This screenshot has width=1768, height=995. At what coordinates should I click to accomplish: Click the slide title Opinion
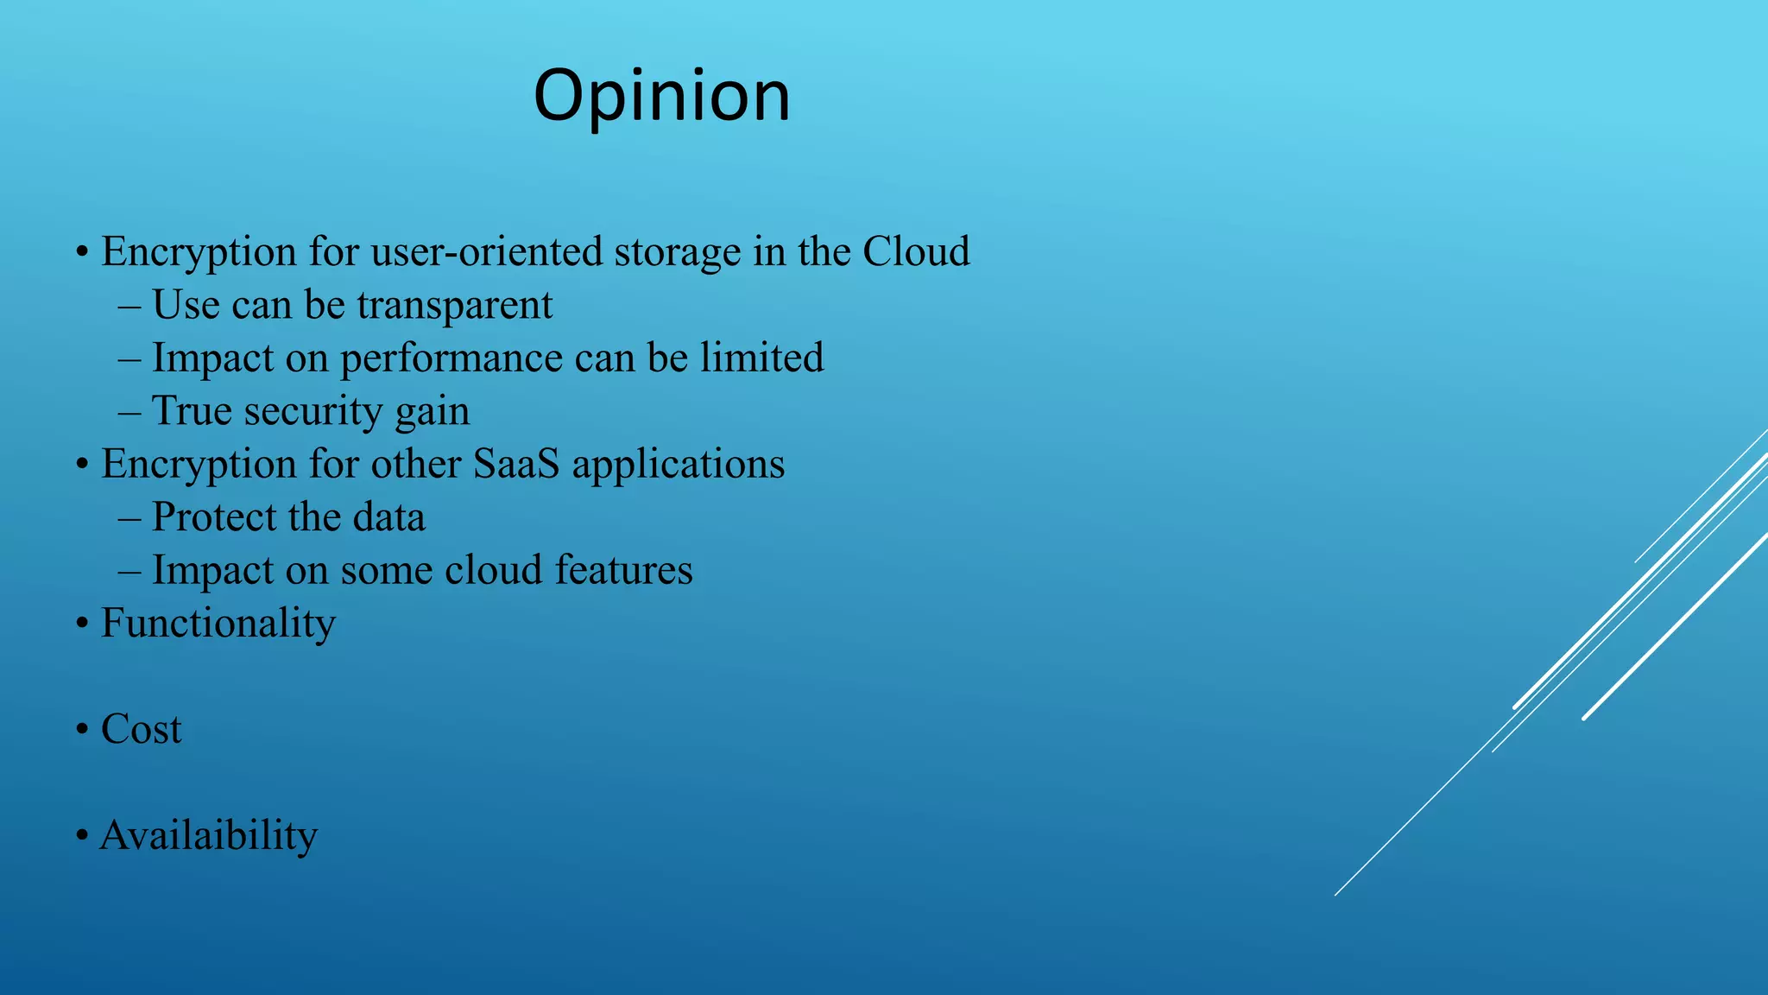coord(661,97)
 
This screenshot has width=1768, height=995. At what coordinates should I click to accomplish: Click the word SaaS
coord(516,465)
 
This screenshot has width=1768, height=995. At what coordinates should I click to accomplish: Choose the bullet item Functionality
coord(218,624)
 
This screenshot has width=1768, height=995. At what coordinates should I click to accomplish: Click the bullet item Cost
coord(141,730)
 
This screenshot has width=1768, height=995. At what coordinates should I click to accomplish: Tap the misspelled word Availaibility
coord(209,836)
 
